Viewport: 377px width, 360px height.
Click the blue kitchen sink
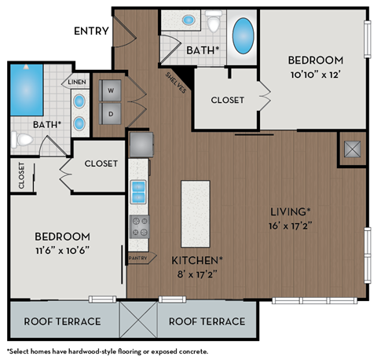(139, 189)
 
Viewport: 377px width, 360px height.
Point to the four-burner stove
(139, 227)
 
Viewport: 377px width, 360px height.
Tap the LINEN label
(76, 82)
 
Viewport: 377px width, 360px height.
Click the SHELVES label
(175, 83)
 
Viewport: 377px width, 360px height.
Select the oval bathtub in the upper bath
(243, 36)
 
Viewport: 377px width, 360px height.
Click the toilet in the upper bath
(214, 24)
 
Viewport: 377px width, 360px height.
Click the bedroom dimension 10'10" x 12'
(314, 76)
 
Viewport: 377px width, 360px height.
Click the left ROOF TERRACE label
(62, 321)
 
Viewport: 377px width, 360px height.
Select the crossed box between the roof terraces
(139, 321)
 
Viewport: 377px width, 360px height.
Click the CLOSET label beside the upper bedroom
(227, 100)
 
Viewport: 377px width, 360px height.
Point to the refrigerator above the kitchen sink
(141, 144)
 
